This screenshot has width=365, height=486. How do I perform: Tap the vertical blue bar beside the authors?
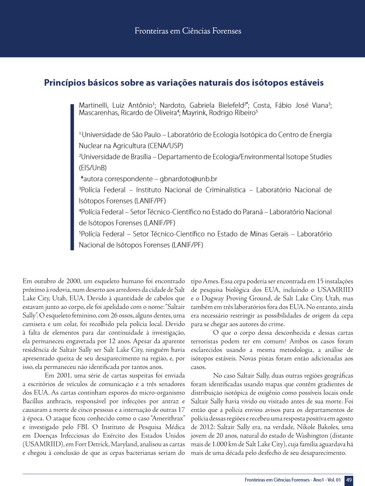(x=72, y=176)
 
